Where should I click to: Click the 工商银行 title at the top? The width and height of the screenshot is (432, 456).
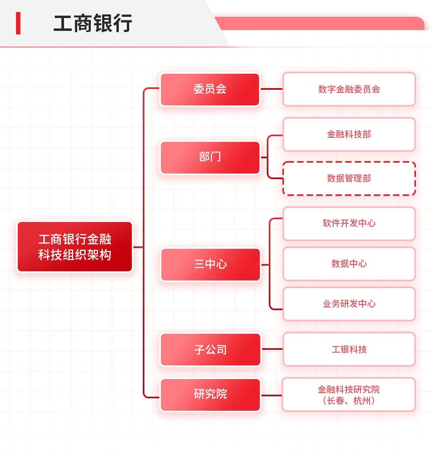[93, 24]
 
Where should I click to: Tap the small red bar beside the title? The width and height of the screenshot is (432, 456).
[18, 23]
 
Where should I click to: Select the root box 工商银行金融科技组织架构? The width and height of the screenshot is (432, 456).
[75, 247]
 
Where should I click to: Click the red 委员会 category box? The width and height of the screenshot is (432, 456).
[210, 89]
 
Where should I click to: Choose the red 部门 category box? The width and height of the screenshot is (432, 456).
[210, 157]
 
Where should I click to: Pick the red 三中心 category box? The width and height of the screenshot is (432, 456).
[210, 264]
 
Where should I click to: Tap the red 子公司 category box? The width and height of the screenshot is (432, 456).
[210, 349]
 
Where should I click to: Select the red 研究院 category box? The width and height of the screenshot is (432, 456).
[210, 394]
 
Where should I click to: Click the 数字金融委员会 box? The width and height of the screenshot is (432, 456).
[349, 89]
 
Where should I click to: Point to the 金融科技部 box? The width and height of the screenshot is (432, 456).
[349, 135]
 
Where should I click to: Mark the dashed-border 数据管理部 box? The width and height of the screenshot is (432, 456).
[349, 179]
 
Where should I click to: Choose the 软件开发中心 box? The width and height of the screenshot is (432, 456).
[349, 224]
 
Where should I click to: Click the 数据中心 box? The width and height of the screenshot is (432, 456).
[349, 264]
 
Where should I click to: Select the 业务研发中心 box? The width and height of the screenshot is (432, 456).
[349, 304]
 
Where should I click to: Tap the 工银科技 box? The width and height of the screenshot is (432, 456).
[349, 349]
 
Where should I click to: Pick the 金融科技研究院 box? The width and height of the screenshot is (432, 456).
[349, 389]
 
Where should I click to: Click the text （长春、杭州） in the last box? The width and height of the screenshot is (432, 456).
[349, 401]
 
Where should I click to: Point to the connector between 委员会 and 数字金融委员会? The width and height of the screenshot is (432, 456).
[272, 89]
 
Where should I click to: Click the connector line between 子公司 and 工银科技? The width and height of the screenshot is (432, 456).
[272, 349]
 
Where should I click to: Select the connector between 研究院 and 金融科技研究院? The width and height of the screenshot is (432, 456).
[272, 395]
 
